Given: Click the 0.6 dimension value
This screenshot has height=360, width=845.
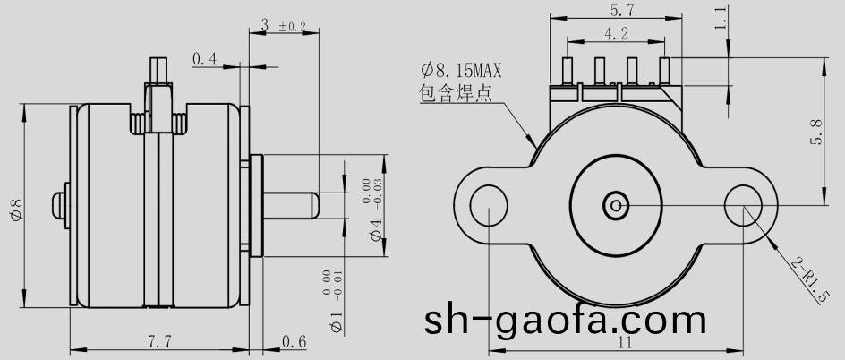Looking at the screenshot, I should [294, 340].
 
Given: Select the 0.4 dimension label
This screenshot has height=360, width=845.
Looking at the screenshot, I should [205, 59].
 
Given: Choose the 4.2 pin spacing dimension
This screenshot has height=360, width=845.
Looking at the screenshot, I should [616, 35].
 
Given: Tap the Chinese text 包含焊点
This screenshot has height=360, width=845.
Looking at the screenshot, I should [456, 93].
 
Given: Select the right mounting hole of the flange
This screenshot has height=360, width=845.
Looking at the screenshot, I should [743, 205].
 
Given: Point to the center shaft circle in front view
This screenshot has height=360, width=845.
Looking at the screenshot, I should [616, 205].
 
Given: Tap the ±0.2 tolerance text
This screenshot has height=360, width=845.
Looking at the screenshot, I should [293, 28].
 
